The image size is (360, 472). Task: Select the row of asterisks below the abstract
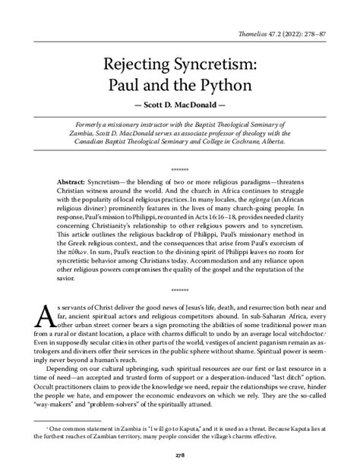click(x=180, y=291)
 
